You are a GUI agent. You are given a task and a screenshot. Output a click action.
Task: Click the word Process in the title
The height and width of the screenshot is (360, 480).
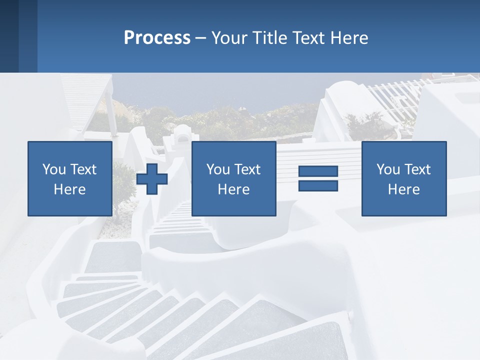point(157,38)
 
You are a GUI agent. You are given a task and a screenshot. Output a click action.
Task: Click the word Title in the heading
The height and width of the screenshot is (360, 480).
point(268,38)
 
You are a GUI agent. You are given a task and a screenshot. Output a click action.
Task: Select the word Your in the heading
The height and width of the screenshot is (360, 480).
point(229,38)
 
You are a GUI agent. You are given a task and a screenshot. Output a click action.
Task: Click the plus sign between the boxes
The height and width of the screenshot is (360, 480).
point(152,179)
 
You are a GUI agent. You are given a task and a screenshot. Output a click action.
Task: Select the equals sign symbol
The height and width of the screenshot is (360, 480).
point(318,178)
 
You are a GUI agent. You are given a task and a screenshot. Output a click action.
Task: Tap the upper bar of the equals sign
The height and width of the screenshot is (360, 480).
point(318,171)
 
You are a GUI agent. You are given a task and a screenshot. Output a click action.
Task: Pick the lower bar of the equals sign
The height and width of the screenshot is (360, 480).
point(318,185)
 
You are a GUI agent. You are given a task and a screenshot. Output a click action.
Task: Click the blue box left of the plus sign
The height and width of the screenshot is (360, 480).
point(69,178)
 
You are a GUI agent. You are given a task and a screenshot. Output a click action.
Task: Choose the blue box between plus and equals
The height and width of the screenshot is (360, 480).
point(233,178)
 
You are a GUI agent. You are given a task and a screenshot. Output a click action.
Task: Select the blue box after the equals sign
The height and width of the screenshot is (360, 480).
point(403,178)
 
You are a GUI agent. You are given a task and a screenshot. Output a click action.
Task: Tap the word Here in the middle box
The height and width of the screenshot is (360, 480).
point(233,189)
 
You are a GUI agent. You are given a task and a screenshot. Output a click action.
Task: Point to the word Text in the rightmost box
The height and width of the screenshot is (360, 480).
point(416,169)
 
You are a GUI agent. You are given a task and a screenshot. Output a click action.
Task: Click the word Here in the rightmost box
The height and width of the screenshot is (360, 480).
point(403,189)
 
